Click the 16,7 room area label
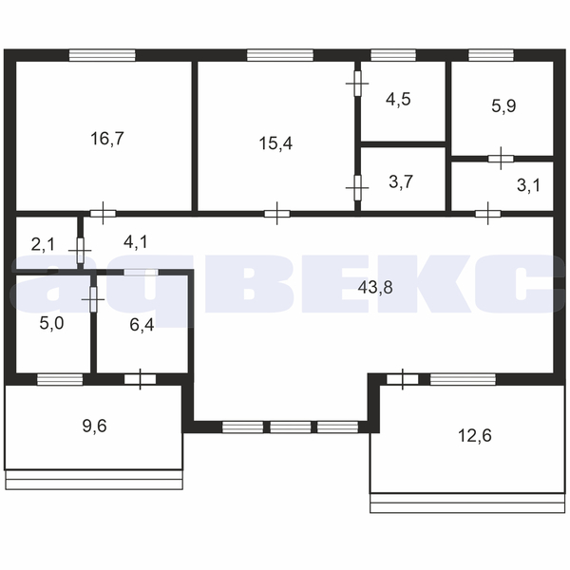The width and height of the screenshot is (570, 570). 107,139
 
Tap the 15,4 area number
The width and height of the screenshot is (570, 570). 275,143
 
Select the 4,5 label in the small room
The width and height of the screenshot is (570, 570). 398,99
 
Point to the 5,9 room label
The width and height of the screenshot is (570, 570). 503,106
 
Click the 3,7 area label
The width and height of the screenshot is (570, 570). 401,181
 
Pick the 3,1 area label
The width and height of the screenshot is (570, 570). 528,185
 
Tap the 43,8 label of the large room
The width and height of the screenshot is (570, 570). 375,288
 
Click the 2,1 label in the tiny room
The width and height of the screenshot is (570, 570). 43,244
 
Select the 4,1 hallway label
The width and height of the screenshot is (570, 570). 136,241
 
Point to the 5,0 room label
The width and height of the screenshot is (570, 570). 51,323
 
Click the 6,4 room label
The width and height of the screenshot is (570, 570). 142,325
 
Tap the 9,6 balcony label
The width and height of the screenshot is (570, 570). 94,426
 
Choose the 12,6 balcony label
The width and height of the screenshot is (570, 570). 475,435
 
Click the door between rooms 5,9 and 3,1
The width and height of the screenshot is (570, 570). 501,159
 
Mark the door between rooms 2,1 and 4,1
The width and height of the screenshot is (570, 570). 81,251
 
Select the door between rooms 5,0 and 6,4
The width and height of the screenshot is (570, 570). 93,299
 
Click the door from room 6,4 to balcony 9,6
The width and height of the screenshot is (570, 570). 141,379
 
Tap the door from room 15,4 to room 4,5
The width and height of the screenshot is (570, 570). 358,84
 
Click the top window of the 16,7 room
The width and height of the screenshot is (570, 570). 103,55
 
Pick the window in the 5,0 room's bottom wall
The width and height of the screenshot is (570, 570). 60,379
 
